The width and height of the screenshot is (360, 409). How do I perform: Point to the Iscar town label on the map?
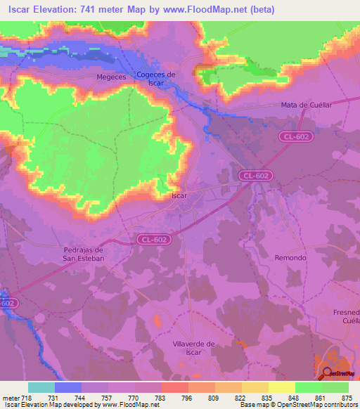[179, 196]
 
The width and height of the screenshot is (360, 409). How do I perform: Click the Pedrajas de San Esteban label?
[84, 254]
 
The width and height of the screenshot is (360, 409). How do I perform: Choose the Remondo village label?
[290, 258]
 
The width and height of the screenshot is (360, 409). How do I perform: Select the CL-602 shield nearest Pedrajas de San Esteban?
[153, 240]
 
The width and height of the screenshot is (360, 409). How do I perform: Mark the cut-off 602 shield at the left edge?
[7, 303]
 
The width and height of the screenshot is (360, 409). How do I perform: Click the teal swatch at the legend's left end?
[41, 387]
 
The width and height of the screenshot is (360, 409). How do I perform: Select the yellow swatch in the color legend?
[281, 387]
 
